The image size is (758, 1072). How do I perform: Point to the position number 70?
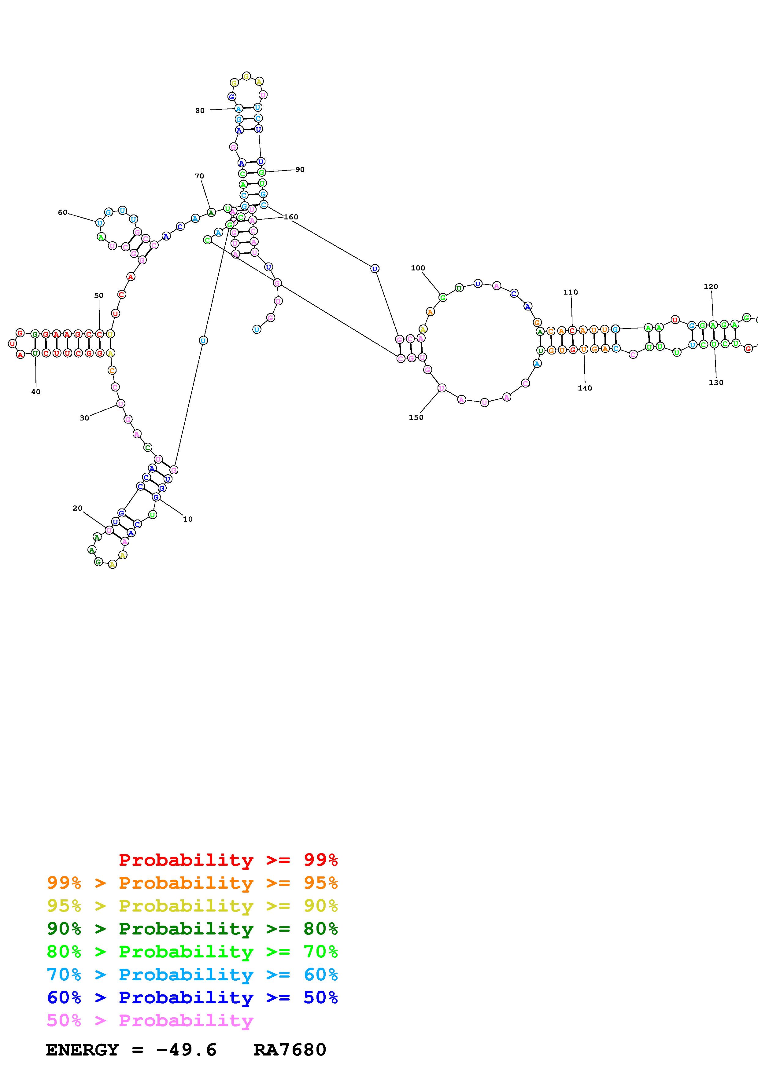tap(199, 176)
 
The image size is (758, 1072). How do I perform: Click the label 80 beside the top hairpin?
tap(200, 111)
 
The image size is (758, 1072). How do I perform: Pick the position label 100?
tap(418, 268)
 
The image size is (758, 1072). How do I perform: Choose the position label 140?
tap(585, 388)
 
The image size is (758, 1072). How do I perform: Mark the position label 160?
tap(291, 217)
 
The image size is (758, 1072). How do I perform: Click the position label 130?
tap(716, 382)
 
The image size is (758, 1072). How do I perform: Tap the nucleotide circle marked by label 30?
tap(120, 404)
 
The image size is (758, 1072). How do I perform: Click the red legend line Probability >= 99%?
tap(228, 860)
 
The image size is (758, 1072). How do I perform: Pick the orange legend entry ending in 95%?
tap(192, 883)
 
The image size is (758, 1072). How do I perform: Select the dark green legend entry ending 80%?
tap(192, 929)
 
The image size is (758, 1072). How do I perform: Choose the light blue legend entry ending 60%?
tap(192, 975)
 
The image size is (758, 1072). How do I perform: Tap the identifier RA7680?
tap(290, 1050)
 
